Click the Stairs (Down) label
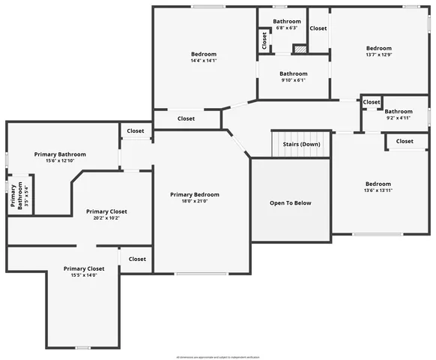pos(301,144)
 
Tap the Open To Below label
pos(290,202)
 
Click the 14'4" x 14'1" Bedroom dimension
pos(203,61)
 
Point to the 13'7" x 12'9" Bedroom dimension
pos(378,54)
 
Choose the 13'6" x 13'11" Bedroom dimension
pos(378,190)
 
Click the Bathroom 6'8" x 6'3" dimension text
pos(287,28)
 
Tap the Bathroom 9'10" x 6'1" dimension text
pos(293,80)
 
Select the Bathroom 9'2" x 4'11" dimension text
pos(399,117)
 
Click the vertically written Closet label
pos(264,40)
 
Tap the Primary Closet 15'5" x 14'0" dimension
pos(83,275)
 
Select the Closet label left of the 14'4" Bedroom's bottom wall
pos(186,118)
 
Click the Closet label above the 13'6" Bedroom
pos(405,141)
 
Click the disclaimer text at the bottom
pos(217,356)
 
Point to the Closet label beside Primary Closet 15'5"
pos(137,259)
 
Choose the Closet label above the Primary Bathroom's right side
pos(136,131)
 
